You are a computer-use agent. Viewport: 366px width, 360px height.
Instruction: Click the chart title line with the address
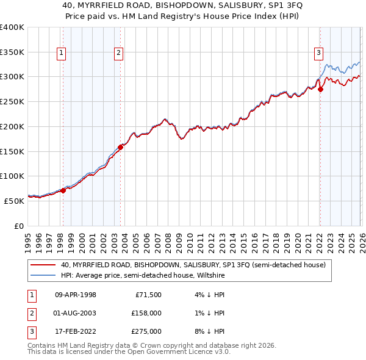pyautogui.click(x=182, y=5)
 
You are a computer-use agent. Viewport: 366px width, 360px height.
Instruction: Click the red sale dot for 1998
pyautogui.click(x=63, y=190)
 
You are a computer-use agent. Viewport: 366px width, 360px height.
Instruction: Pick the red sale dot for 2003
pyautogui.click(x=120, y=147)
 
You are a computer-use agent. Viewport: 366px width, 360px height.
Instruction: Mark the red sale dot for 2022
pyautogui.click(x=320, y=89)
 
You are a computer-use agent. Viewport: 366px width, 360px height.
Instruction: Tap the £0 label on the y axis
pyautogui.click(x=19, y=226)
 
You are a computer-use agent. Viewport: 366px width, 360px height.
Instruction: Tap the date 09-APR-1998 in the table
pyautogui.click(x=76, y=294)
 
